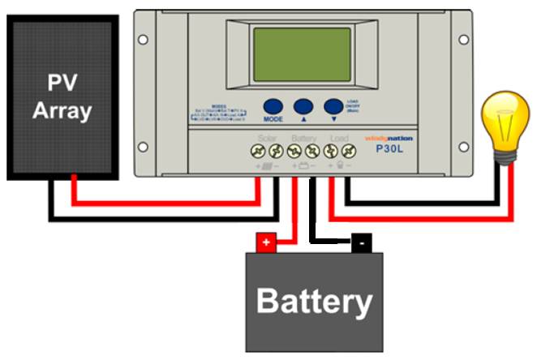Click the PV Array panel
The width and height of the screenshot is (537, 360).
click(x=63, y=97)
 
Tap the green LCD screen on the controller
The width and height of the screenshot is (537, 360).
click(x=302, y=54)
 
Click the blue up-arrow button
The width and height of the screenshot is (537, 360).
click(x=303, y=106)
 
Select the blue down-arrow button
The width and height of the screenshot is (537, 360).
click(x=333, y=106)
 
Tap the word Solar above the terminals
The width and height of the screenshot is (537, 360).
click(x=268, y=139)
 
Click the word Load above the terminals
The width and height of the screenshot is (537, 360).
click(x=339, y=139)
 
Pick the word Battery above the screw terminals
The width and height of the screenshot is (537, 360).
click(x=303, y=139)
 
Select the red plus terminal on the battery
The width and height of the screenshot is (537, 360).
click(x=265, y=242)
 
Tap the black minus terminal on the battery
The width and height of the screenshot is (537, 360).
click(x=361, y=242)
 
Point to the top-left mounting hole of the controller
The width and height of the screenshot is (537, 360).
click(x=143, y=39)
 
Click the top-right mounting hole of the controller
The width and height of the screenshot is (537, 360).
click(x=465, y=39)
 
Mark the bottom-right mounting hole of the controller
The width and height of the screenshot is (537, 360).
click(x=465, y=147)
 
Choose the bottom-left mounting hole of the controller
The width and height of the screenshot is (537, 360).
click(x=143, y=147)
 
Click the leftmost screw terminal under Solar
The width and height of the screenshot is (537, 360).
click(x=259, y=152)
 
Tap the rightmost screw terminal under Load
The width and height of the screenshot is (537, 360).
click(x=348, y=152)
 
